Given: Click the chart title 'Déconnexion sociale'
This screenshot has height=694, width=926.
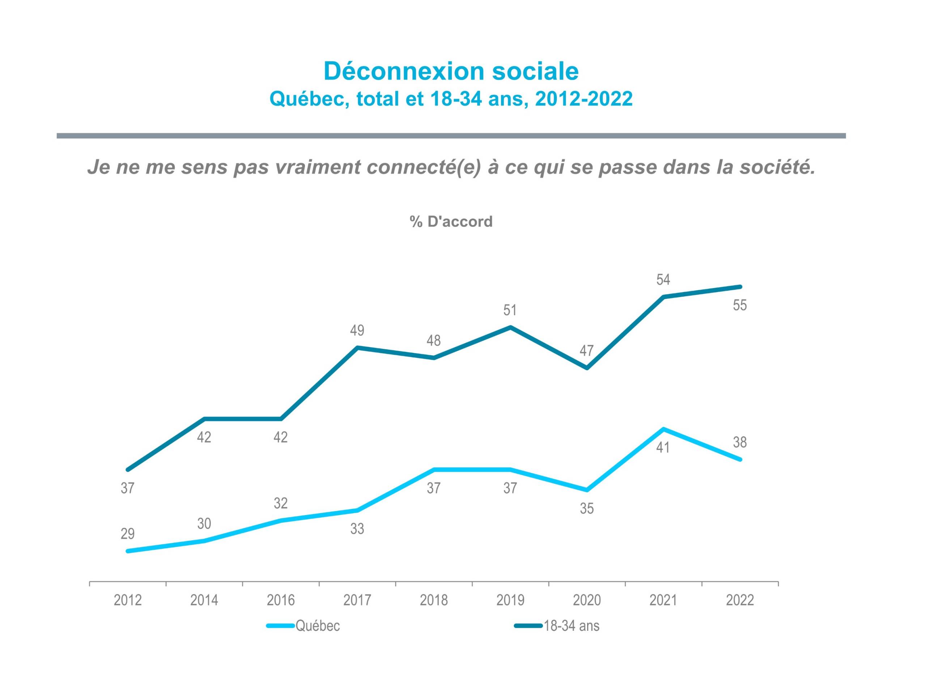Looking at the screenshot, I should tap(451, 71).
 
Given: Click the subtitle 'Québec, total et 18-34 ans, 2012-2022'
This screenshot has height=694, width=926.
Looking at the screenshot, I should tap(451, 99).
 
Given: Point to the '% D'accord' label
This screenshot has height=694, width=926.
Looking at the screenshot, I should tap(451, 222).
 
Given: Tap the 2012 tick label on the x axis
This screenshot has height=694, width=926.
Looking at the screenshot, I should tap(128, 600).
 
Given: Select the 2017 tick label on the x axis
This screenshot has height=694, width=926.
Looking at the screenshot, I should tap(357, 600).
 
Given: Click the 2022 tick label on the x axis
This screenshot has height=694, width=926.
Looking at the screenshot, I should tap(740, 600).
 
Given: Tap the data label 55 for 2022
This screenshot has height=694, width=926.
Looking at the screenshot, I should tap(740, 305).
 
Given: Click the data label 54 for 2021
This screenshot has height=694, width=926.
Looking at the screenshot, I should tap(663, 279).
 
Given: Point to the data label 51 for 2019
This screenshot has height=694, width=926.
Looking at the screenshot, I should tap(510, 310).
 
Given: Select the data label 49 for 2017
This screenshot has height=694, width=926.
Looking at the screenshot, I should tap(357, 330).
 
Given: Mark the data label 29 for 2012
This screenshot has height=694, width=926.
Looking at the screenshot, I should tap(128, 534).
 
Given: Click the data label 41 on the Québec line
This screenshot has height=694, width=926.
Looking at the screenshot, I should tap(663, 448).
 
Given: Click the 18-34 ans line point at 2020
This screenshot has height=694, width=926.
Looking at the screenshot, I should tap(587, 368).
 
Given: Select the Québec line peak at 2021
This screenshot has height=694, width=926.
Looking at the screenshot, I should tap(663, 429).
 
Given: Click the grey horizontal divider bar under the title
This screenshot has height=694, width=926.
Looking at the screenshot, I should tap(451, 136).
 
